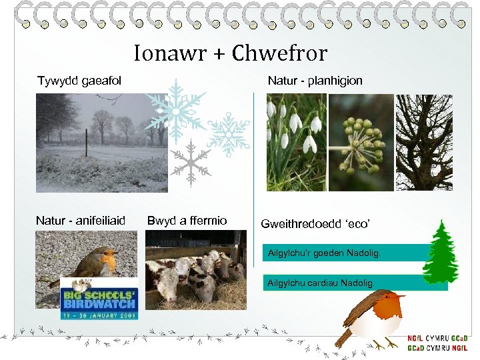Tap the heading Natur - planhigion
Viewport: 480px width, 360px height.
(x=315, y=81)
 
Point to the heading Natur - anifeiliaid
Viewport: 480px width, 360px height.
(x=80, y=221)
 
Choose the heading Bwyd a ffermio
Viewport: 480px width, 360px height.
(x=187, y=221)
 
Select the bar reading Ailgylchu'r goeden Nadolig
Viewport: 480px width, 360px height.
(x=324, y=253)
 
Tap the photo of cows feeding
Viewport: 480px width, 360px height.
(x=195, y=270)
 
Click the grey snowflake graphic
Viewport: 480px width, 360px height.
(x=190, y=162)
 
